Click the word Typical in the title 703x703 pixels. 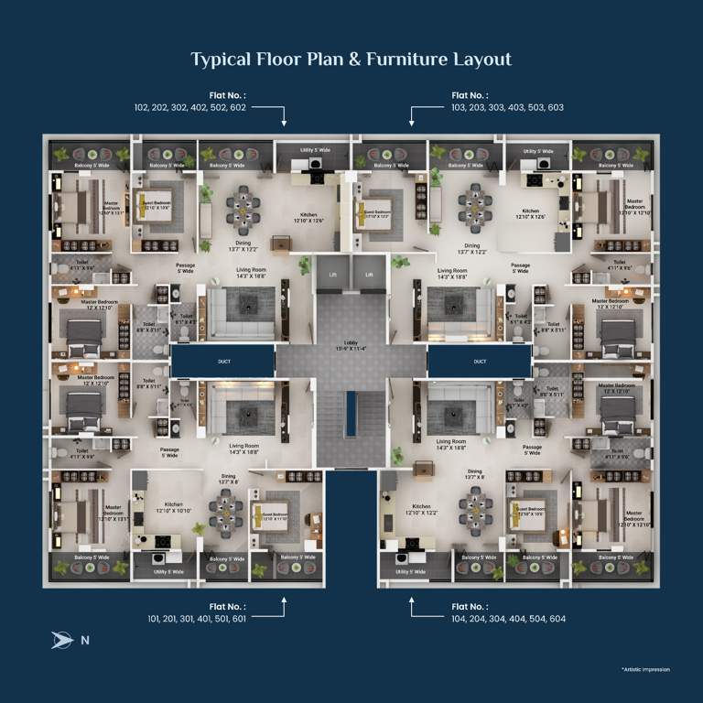click(221, 59)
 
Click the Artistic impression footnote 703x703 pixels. click(644, 669)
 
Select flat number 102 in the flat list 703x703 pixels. click(141, 107)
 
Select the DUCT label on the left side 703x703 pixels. click(223, 362)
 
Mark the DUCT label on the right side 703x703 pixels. click(480, 362)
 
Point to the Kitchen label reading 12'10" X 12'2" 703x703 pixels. click(421, 510)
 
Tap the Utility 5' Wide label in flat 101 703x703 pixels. click(166, 571)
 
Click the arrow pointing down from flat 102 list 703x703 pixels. click(285, 119)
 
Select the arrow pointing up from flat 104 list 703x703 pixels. click(411, 602)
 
